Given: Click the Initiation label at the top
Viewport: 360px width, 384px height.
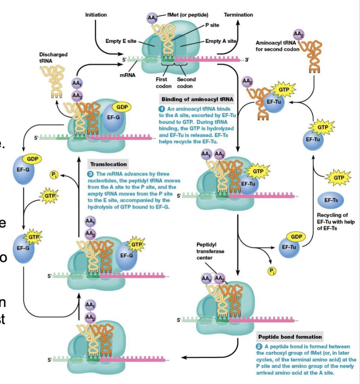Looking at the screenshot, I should point(96,15).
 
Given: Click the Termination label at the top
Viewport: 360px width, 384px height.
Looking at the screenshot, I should point(238,15).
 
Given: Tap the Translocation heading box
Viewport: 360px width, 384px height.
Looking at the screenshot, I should point(109,164).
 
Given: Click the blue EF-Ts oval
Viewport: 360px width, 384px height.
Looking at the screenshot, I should point(331,200).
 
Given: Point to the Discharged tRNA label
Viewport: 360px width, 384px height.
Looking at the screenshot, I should point(53,57).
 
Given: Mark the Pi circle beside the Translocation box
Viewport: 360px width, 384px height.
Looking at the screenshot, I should point(53,173).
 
